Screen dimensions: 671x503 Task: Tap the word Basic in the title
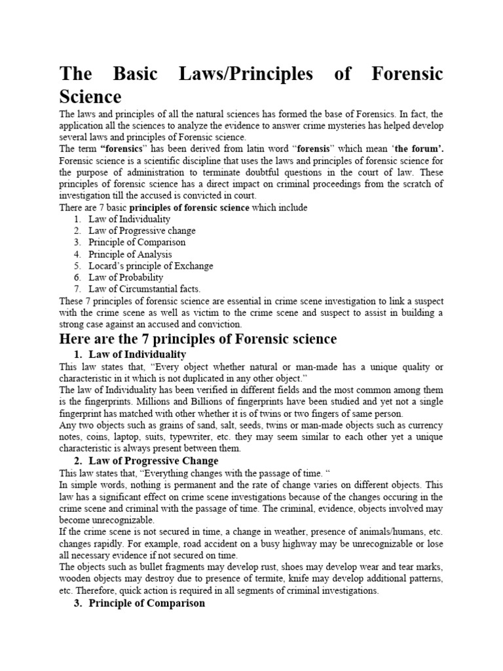coord(136,74)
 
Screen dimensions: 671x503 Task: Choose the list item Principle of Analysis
coord(130,254)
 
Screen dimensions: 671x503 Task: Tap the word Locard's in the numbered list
coord(106,266)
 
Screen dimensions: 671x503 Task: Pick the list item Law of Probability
coord(126,277)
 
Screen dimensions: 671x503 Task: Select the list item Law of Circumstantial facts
coord(145,289)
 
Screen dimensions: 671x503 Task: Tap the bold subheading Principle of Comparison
coord(147,603)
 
